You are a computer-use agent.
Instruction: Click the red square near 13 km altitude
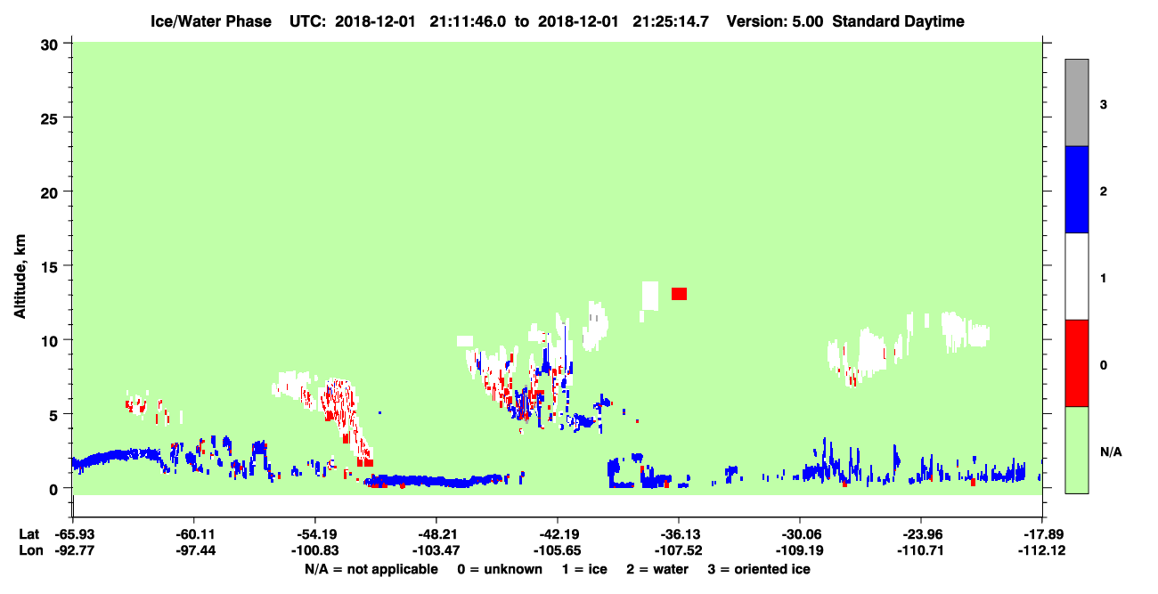point(679,294)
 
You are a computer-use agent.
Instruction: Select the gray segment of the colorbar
point(1076,102)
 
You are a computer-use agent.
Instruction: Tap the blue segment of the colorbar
point(1076,189)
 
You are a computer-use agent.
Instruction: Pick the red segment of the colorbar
point(1076,363)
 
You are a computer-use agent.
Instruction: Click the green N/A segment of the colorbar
point(1076,450)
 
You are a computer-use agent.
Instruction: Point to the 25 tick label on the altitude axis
point(49,119)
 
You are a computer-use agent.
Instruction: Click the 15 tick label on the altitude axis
point(49,267)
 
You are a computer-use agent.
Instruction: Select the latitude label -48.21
point(436,534)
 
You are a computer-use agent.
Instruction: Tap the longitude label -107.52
point(678,550)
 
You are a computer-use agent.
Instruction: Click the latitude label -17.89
point(1042,534)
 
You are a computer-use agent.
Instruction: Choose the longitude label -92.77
point(75,550)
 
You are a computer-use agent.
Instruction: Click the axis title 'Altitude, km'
point(20,276)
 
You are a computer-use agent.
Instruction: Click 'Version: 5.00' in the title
point(775,21)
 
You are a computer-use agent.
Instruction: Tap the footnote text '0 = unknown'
point(500,569)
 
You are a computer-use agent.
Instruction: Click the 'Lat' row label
point(29,534)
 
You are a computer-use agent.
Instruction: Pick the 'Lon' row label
point(30,550)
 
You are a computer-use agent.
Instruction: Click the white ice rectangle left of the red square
point(650,296)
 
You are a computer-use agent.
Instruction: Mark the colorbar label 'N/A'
point(1111,452)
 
